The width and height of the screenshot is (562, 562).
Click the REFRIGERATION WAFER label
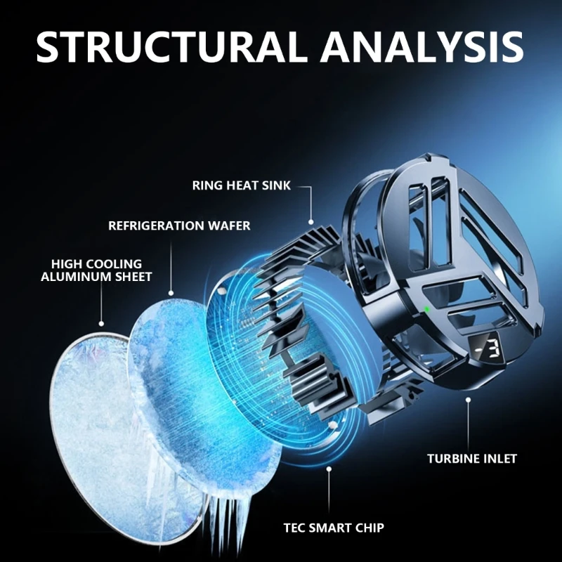click(179, 226)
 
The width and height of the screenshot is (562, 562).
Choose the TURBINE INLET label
click(472, 459)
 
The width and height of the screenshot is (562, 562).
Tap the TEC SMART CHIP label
click(333, 527)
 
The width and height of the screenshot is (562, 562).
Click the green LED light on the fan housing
click(426, 308)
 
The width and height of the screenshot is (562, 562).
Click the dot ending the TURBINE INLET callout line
click(468, 400)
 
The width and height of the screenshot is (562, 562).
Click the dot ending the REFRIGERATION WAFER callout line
click(171, 291)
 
